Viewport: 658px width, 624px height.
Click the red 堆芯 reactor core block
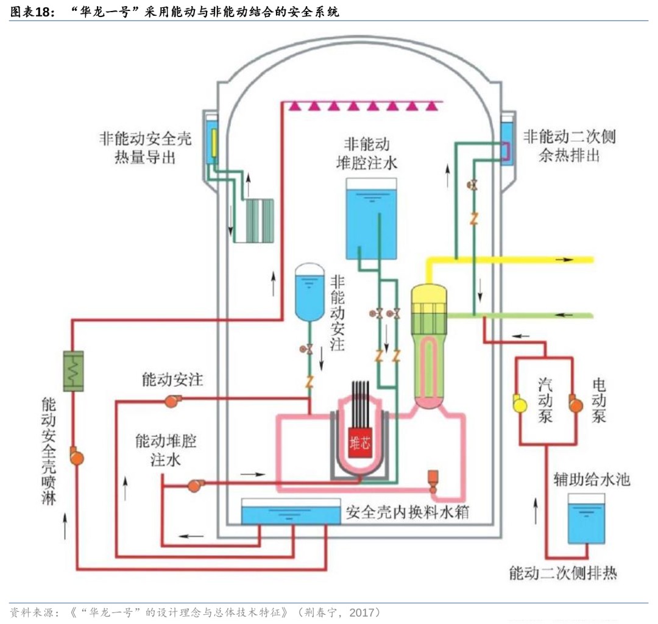(x=359, y=443)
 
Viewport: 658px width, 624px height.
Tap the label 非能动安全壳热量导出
(x=145, y=147)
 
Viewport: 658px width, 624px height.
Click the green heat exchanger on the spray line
(x=74, y=370)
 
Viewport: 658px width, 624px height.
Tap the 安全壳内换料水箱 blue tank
(x=290, y=512)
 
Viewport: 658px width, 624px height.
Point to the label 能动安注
(x=172, y=380)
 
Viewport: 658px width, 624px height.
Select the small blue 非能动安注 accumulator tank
(x=310, y=292)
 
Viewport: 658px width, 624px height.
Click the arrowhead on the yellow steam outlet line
(x=569, y=260)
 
